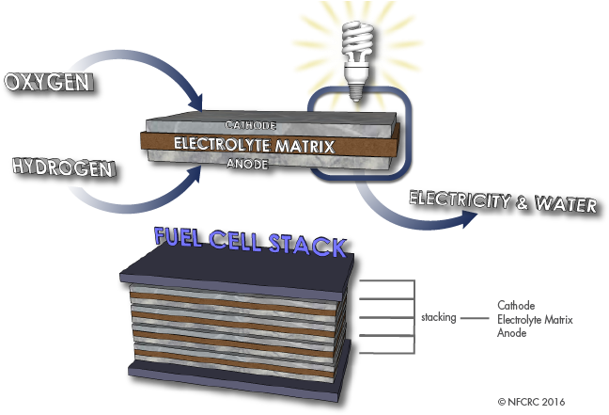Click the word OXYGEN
(48, 83)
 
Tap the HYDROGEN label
(62, 168)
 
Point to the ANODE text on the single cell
(248, 164)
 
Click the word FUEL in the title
(184, 240)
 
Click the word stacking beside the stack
(439, 318)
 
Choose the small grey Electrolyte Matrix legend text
(535, 320)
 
